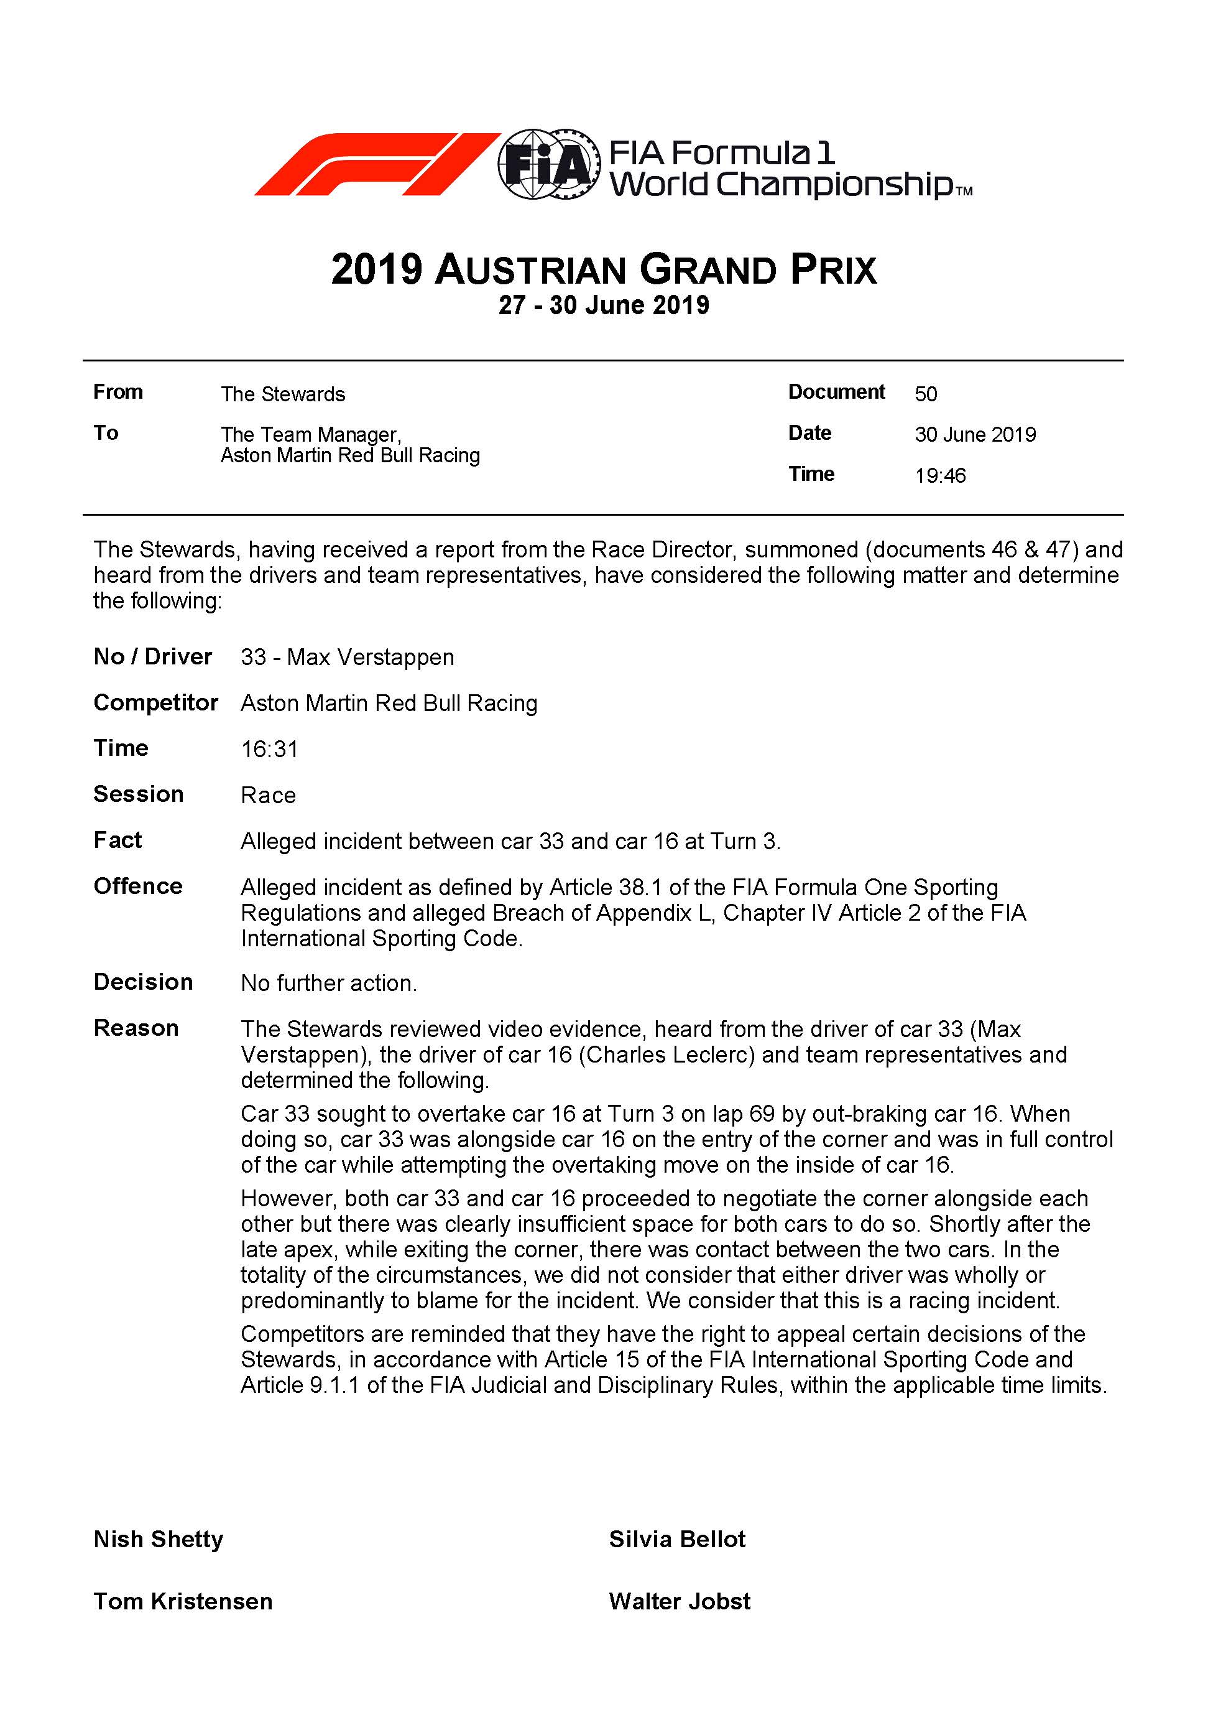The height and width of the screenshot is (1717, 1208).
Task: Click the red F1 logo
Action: pos(377,164)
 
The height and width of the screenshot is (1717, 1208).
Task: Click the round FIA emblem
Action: pos(550,164)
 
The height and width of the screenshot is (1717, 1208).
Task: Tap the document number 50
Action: pos(926,394)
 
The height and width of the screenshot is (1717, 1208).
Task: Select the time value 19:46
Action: pos(939,476)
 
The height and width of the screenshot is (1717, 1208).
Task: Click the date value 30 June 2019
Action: pos(975,434)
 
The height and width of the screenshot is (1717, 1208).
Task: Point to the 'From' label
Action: pos(118,392)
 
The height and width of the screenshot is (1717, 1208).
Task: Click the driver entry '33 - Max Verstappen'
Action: pos(347,658)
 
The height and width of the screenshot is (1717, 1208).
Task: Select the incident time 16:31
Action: pos(269,749)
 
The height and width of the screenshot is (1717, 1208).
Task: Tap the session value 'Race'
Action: pos(267,795)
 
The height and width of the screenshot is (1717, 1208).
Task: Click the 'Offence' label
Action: pos(138,886)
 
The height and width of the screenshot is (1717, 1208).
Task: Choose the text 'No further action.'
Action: pos(328,984)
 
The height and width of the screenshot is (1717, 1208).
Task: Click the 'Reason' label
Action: pos(136,1028)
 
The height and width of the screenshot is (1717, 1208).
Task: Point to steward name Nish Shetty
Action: pos(159,1539)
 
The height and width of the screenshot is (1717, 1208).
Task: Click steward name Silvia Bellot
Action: pos(676,1539)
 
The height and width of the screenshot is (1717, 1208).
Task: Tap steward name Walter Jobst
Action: pos(679,1601)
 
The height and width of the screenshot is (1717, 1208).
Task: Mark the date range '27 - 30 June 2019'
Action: pos(603,305)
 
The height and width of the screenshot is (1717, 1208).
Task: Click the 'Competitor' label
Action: pos(155,703)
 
